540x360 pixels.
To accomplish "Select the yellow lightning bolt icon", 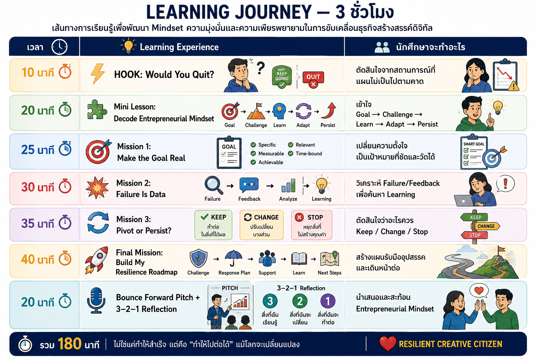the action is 98,74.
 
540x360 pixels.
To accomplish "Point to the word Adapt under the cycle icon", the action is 303,125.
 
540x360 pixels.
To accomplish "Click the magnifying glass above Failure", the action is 214,185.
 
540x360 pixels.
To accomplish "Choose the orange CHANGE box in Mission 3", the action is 262,225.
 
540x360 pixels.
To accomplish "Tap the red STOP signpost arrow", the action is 474,235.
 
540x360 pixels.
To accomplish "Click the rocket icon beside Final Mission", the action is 97,260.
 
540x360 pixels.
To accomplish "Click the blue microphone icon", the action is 96,301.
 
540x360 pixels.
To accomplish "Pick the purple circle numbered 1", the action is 328,301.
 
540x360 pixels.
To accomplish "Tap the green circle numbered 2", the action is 300,301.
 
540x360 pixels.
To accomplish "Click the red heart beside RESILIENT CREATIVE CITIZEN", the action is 388,343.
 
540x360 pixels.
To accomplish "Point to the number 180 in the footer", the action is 69,343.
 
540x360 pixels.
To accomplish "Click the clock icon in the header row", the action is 59,47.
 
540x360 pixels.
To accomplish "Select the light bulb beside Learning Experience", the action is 128,46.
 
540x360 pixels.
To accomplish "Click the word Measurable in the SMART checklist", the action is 271,154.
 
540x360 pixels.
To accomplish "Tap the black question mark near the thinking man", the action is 261,68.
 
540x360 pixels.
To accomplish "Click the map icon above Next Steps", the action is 329,258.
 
